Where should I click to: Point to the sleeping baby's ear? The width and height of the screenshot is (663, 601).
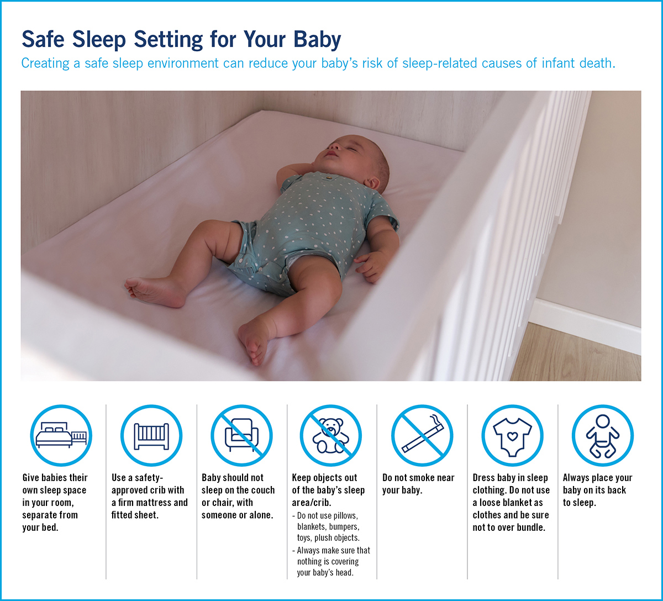[x=372, y=183]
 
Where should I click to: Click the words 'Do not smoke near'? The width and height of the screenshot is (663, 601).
[x=418, y=478]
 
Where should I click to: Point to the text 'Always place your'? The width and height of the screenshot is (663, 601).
[x=597, y=478]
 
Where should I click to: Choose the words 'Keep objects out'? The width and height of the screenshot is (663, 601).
[x=325, y=478]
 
